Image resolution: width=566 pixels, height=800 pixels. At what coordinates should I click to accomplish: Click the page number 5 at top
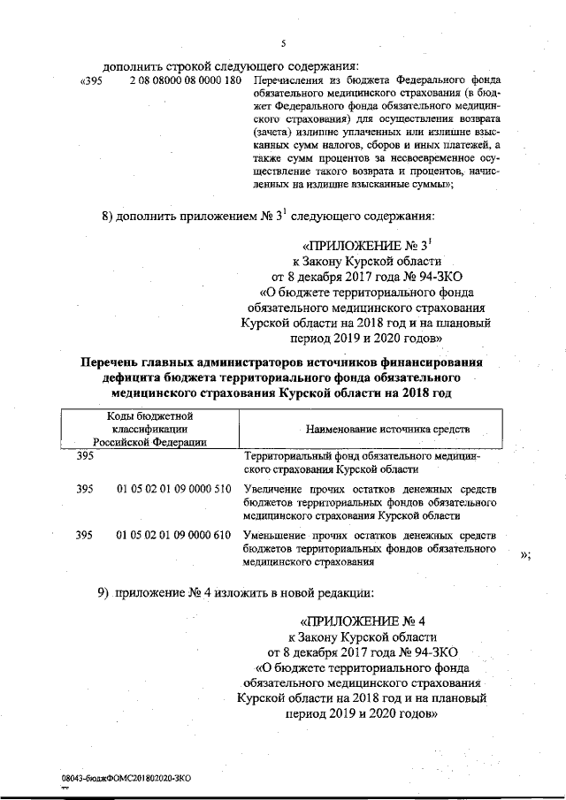pyautogui.click(x=283, y=43)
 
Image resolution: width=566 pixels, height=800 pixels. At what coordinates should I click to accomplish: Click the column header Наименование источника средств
pyautogui.click(x=387, y=429)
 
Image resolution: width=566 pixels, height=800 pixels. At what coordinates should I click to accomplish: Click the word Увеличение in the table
pyautogui.click(x=273, y=489)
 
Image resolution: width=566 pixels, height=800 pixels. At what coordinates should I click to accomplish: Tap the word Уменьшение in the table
pyautogui.click(x=275, y=535)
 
